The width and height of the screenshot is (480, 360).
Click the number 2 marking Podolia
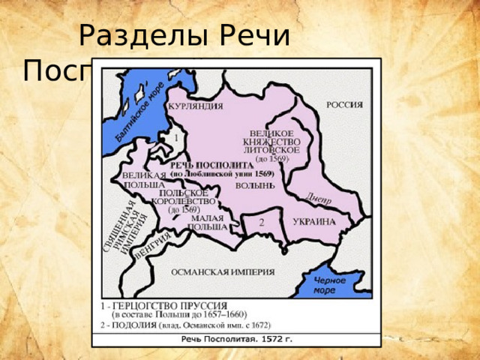(x=261, y=223)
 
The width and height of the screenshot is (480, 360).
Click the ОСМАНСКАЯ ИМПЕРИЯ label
(x=223, y=271)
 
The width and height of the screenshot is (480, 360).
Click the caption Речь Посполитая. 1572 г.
(x=236, y=339)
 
